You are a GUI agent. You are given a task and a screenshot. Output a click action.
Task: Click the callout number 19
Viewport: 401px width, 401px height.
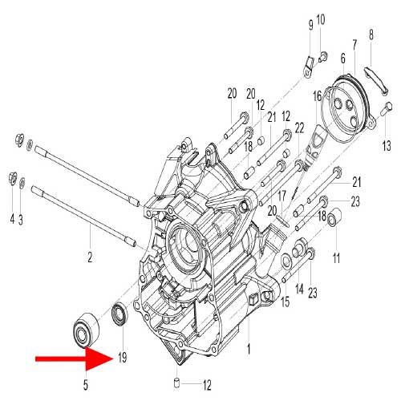[123, 356]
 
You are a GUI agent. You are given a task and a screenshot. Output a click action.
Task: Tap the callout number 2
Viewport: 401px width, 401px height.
[90, 257]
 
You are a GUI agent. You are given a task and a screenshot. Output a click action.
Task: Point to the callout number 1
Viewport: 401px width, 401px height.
[249, 350]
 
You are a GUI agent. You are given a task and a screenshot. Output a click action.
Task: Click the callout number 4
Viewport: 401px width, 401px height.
[11, 218]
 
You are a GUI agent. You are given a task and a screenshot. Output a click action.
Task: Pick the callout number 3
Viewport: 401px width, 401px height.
[22, 218]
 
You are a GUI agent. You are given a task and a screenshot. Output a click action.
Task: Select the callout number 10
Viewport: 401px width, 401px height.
[321, 18]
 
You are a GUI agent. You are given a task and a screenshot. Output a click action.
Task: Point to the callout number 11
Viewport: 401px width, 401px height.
[337, 257]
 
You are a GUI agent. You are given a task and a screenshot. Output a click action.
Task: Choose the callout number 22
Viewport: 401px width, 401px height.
[299, 128]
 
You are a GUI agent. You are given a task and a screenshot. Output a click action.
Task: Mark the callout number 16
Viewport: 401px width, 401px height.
[318, 95]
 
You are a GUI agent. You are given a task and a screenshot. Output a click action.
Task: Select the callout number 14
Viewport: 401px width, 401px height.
[299, 289]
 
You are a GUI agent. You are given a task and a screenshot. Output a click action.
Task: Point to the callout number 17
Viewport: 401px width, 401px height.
[282, 195]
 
